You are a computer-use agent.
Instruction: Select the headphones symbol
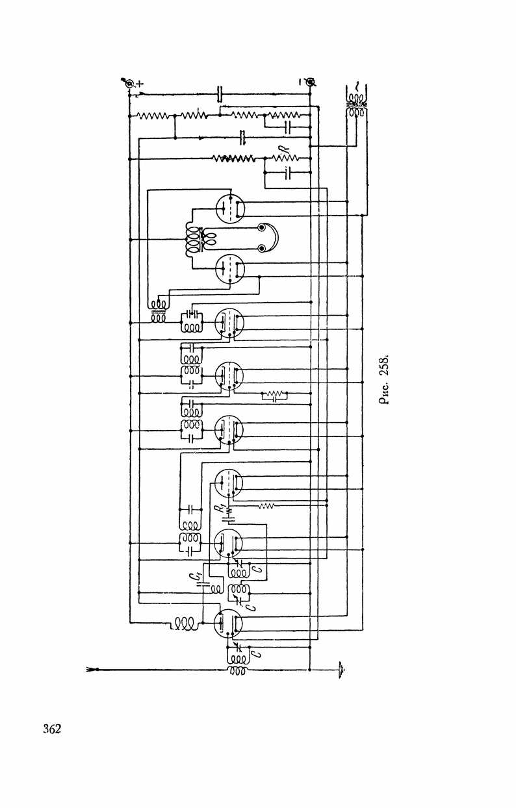tap(268, 238)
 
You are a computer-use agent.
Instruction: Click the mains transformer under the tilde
tap(355, 108)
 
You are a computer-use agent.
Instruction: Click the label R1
tap(221, 509)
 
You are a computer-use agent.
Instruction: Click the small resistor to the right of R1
tap(266, 505)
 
